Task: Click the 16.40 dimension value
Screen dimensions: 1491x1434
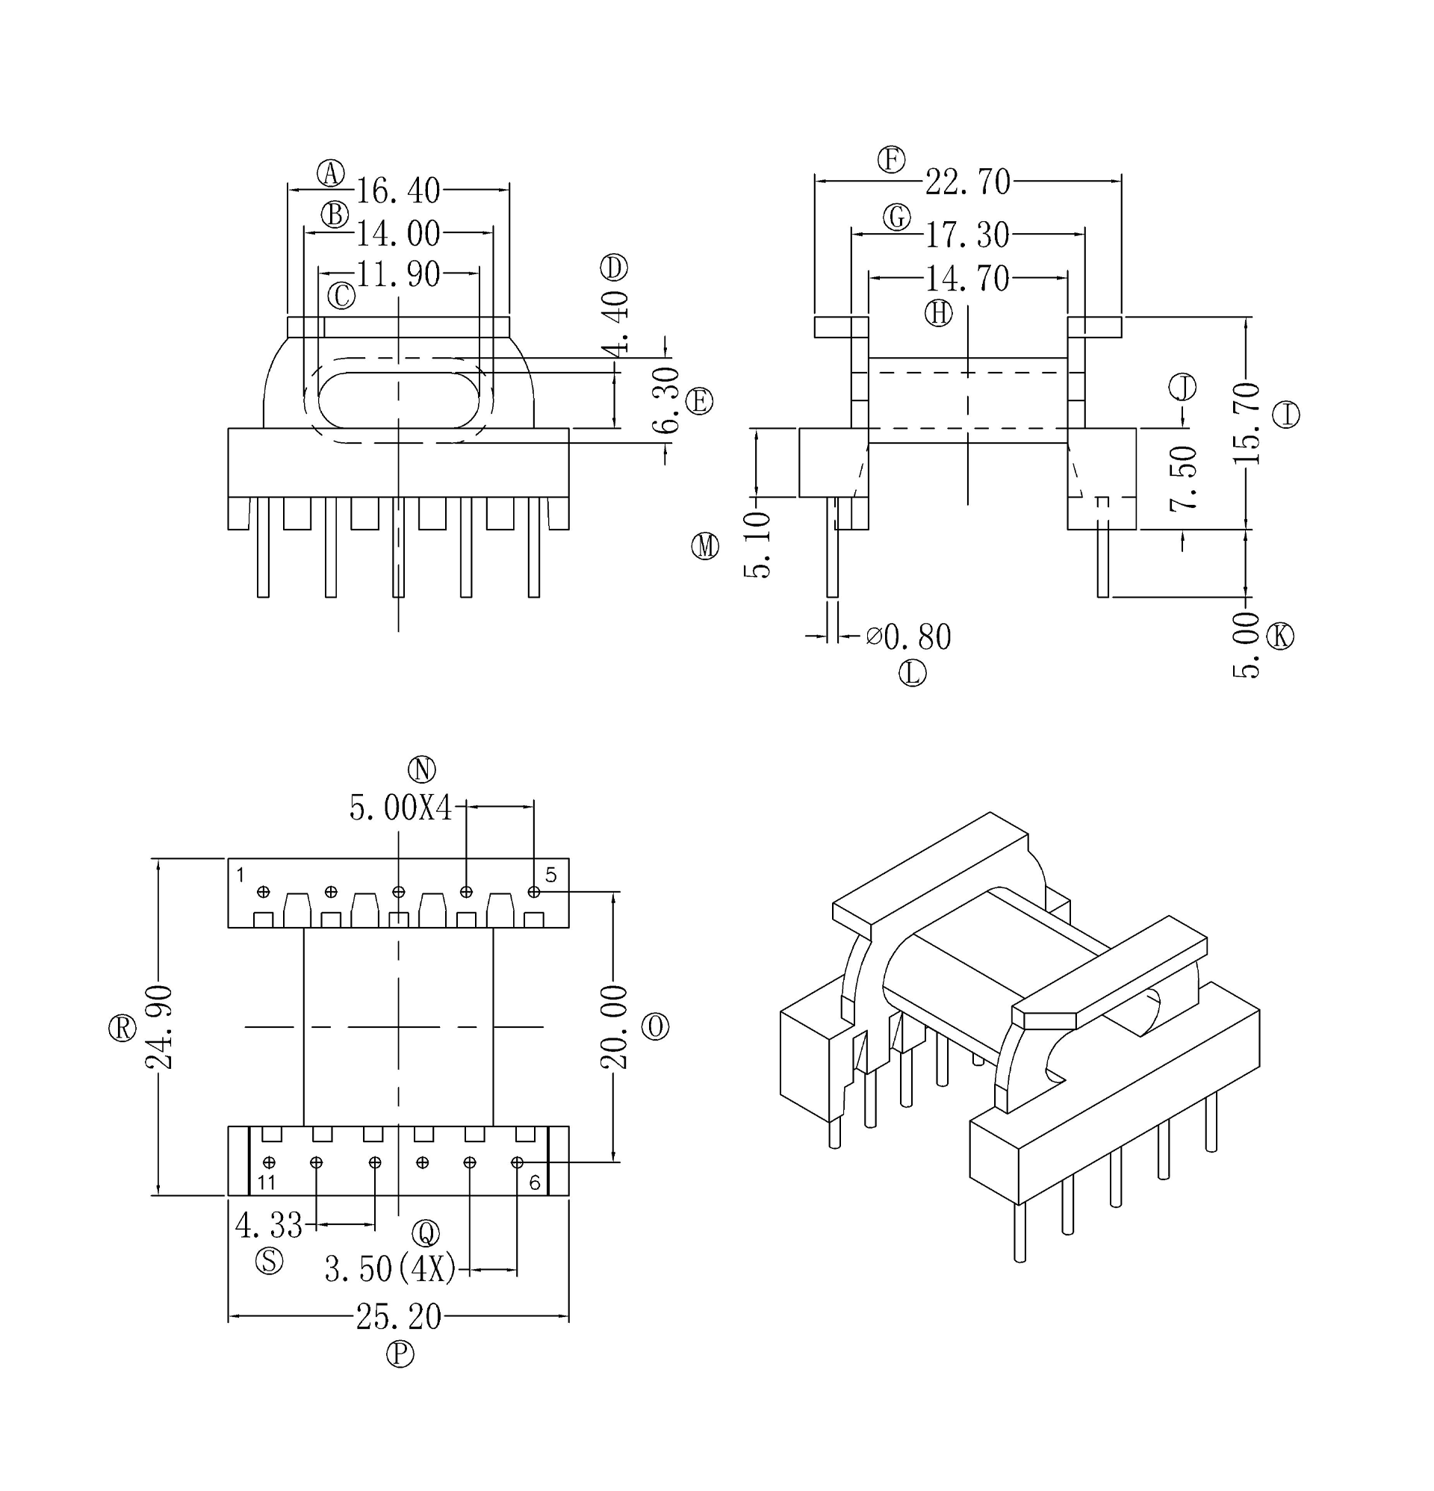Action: pos(398,191)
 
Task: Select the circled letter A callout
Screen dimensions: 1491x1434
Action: pos(330,173)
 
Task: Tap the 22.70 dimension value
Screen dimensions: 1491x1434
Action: pos(967,182)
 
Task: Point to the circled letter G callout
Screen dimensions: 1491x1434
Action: pos(897,217)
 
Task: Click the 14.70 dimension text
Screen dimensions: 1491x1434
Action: pos(967,280)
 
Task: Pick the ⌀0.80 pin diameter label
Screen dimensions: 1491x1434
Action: pos(909,636)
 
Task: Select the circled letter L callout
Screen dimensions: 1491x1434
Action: pos(912,673)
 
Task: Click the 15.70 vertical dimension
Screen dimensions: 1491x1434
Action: pos(1246,424)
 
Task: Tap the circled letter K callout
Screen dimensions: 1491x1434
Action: pos(1279,635)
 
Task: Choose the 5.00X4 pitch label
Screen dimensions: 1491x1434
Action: pos(401,808)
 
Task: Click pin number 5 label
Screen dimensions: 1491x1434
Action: pos(550,875)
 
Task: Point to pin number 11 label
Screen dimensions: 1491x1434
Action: pos(266,1182)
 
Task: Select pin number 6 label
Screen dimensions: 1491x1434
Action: pos(534,1183)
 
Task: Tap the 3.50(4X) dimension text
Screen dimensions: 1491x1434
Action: pos(391,1269)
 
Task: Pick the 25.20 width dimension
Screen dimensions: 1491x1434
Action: pos(398,1317)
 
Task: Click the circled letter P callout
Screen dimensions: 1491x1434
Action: pos(400,1354)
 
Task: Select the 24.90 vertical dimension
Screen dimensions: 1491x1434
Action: pos(159,1027)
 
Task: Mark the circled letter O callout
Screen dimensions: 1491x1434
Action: pos(655,1027)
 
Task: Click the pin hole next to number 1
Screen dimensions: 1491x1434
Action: pos(264,892)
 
